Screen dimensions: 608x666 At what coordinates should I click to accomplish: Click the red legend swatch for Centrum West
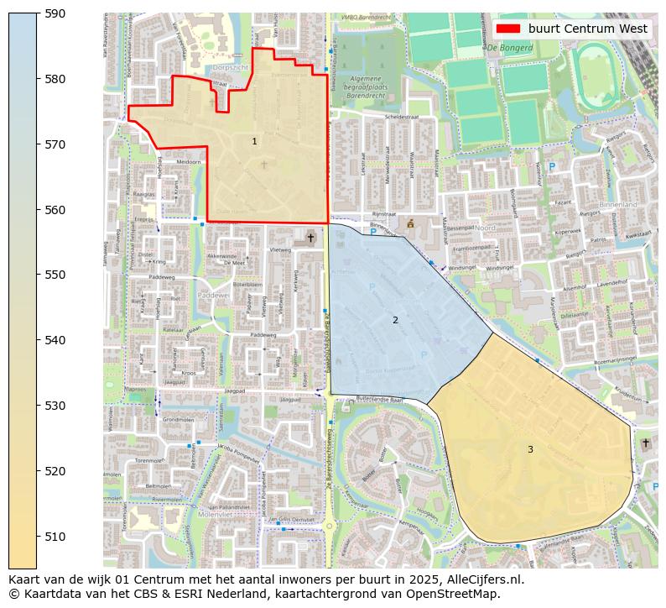[508, 29]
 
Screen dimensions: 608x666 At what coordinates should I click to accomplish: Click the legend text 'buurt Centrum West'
[587, 29]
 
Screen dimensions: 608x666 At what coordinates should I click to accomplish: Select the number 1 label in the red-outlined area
[255, 142]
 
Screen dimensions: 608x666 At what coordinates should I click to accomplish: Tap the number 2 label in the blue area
[395, 320]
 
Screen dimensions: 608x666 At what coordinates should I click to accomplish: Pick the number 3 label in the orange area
[530, 449]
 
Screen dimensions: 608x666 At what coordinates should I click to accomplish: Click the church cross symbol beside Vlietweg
[310, 238]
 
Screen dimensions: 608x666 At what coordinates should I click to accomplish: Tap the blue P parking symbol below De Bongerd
[551, 167]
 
